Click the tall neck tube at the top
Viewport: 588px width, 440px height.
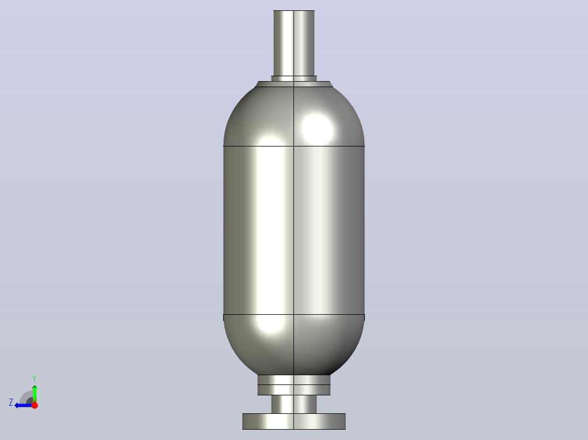tap(294, 43)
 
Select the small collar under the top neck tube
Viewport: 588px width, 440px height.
tap(294, 78)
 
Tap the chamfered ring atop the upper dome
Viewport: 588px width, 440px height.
tap(294, 84)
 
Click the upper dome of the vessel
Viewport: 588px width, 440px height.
tap(294, 117)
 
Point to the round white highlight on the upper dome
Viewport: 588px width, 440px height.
tap(317, 129)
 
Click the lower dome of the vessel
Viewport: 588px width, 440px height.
tap(294, 345)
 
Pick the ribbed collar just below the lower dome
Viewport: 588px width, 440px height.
tap(294, 385)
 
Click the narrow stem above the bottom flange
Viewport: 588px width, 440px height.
tap(294, 405)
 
